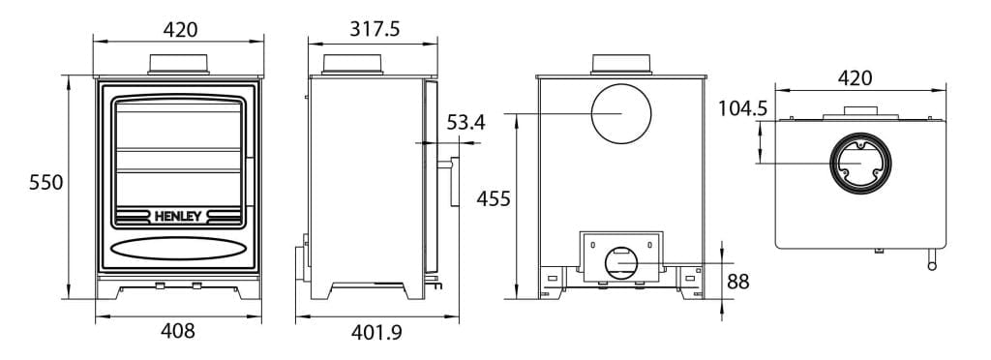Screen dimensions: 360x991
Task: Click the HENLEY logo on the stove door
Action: (179, 216)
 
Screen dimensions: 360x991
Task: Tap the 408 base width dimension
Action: (178, 331)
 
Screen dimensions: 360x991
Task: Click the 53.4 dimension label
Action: (465, 123)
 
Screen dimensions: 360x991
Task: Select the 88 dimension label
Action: (738, 282)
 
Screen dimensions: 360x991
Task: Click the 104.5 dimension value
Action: (743, 108)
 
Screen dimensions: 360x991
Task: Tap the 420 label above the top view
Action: (853, 78)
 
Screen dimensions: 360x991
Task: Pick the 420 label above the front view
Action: (179, 29)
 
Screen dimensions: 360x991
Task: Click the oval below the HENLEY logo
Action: (178, 249)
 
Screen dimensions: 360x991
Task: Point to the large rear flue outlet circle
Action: (621, 112)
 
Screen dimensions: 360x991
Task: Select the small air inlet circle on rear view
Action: (620, 261)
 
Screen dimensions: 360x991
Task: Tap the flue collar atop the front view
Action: (179, 64)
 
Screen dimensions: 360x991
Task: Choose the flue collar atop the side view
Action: (353, 64)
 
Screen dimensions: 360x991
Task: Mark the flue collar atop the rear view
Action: (620, 64)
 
